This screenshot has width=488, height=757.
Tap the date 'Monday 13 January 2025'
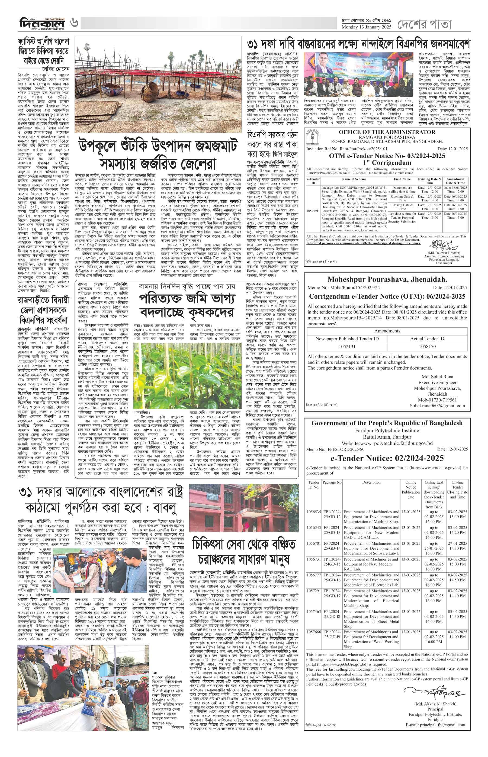(366, 27)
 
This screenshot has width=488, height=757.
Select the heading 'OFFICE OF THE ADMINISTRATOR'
(387, 132)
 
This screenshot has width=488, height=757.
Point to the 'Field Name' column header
(402, 179)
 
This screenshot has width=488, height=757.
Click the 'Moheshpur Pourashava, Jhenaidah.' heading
(387, 279)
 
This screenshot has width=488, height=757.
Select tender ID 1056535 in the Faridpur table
(314, 512)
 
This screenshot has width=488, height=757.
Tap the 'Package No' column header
(332, 482)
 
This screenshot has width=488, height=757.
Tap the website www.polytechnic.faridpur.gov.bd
(387, 443)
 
